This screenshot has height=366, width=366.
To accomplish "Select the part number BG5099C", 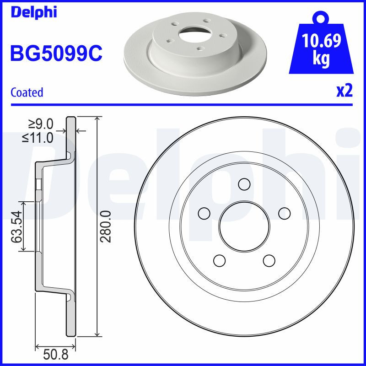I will [x=56, y=54].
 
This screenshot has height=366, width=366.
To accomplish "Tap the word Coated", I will [x=27, y=92].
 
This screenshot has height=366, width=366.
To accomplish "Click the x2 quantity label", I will [x=344, y=91].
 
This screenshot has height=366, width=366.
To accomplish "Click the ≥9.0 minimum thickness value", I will [x=42, y=124].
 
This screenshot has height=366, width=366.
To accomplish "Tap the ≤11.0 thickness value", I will [x=38, y=137].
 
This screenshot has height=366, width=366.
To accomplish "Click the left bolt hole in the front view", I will [x=204, y=213].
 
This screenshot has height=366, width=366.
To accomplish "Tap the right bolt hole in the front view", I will [x=285, y=213].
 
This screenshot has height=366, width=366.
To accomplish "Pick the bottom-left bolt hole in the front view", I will [x=220, y=261].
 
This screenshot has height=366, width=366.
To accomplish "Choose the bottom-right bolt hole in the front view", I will [x=269, y=261].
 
